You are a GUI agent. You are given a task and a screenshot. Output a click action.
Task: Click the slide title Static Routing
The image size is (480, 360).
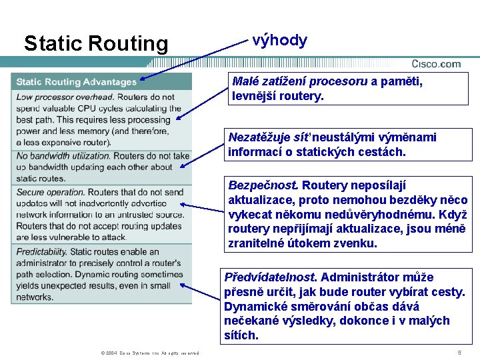[96, 44]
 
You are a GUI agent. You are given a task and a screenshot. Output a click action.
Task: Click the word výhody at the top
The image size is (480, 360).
[280, 41]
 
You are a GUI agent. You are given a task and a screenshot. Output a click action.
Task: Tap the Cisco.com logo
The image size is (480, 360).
[436, 64]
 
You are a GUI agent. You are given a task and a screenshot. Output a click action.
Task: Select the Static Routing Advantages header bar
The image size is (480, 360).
[76, 82]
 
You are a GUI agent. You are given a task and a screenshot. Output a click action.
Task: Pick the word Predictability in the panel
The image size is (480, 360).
[41, 252]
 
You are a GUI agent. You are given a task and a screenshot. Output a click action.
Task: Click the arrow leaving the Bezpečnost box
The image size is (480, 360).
[203, 209]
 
